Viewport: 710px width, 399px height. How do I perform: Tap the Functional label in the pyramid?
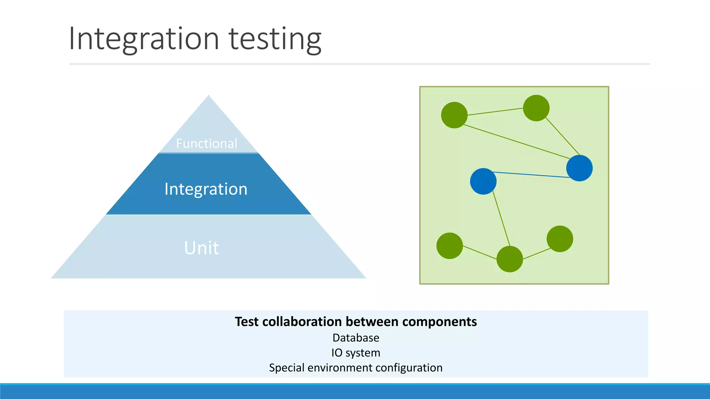pos(207,143)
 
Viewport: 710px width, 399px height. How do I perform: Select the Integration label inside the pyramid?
pos(206,189)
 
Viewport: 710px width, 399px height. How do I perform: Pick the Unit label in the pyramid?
pos(201,248)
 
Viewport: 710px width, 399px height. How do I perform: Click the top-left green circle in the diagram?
pos(454,115)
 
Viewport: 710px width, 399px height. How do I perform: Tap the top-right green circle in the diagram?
pos(536,108)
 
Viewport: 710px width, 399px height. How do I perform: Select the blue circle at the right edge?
pos(579,168)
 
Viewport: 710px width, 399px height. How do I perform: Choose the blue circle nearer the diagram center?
pos(483,181)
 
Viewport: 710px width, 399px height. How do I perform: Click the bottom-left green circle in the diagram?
pos(450,246)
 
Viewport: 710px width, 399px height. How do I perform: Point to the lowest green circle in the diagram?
pos(510,259)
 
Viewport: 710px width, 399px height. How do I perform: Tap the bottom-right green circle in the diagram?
pos(560,239)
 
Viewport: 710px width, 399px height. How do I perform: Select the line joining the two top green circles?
pos(495,112)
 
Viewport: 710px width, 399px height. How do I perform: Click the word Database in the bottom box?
pos(356,338)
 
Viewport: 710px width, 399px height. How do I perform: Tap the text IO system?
pos(356,353)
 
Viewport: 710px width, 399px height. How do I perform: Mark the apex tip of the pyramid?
pos(208,96)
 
